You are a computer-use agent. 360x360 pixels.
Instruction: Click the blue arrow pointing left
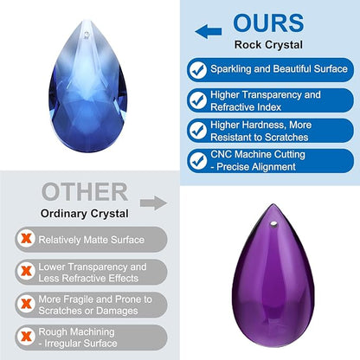coord(208,31)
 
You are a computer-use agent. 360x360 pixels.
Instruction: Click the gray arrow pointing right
coord(153,203)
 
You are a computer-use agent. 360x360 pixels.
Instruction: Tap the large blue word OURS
coord(268,23)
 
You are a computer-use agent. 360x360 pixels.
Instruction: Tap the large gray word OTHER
coord(85,191)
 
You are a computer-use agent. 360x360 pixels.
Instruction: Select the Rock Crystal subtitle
coord(268,45)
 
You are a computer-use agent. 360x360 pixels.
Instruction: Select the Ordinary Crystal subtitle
coord(85,214)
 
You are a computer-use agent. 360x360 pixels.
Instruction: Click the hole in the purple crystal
coord(273,223)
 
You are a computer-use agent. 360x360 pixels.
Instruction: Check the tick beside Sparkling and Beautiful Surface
coord(198,70)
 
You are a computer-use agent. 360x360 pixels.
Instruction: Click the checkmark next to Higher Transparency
coord(198,100)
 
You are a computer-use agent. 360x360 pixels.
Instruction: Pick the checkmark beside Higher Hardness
coord(198,131)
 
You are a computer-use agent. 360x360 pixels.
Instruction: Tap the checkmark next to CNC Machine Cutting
coord(198,161)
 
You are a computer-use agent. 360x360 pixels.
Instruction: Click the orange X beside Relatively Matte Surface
coord(26,239)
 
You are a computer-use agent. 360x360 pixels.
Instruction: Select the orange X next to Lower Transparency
coord(26,272)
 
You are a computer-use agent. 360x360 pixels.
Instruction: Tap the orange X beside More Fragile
coord(26,304)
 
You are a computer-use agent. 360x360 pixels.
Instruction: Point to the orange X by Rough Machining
coord(26,337)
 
